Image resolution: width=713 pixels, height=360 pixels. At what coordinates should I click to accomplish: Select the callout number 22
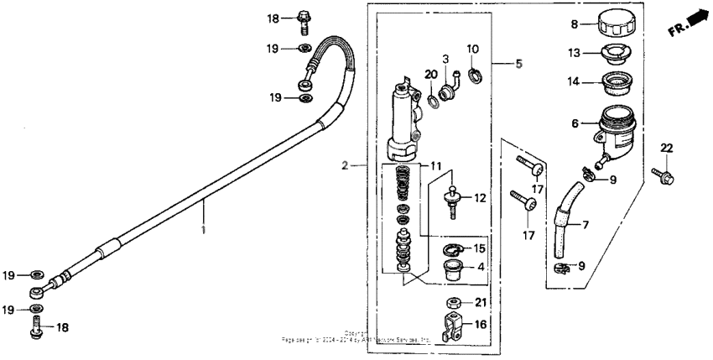click(667, 149)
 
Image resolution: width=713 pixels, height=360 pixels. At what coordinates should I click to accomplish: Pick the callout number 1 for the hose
click(203, 227)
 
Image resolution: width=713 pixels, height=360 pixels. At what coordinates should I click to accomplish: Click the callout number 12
click(480, 198)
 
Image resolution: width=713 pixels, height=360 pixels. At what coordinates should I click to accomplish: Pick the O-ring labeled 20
click(434, 102)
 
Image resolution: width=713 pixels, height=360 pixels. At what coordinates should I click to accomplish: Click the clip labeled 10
click(475, 78)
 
